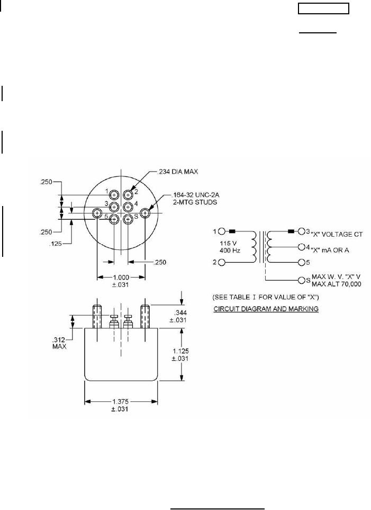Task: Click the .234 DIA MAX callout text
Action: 177,172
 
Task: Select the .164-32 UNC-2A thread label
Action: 196,195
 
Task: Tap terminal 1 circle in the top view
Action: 114,195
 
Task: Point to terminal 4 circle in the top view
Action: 128,207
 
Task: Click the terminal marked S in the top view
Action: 128,219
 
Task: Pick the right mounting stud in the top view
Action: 144,213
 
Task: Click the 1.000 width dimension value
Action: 121,278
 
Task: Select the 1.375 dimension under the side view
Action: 120,402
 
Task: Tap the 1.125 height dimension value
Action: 181,351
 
